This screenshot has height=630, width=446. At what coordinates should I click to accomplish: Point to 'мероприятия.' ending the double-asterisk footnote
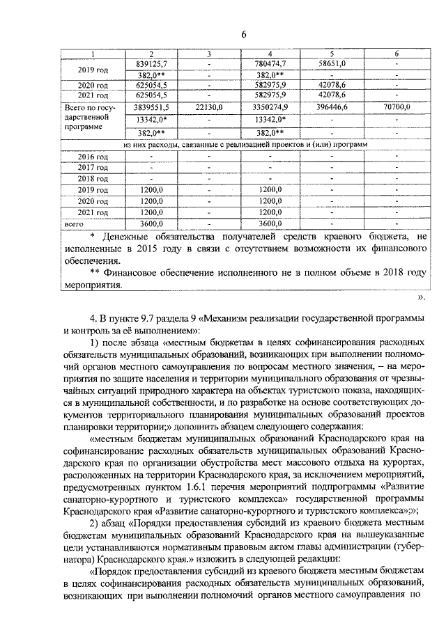click(x=92, y=285)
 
